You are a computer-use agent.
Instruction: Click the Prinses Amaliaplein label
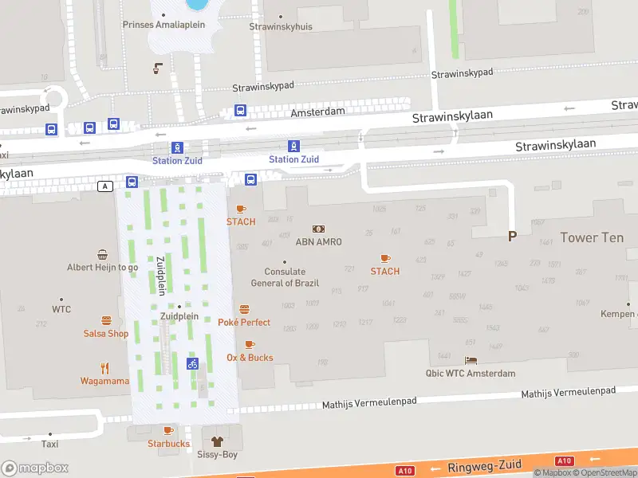tap(163, 25)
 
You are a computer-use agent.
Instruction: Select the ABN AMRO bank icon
tap(318, 229)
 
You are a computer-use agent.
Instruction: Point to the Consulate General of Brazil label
tap(285, 277)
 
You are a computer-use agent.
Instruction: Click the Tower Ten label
tap(592, 237)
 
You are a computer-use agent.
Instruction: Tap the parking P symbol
tap(512, 236)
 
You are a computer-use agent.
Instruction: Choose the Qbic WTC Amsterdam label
tap(471, 373)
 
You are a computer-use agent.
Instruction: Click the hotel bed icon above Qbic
tap(471, 361)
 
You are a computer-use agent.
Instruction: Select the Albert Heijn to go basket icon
tap(103, 255)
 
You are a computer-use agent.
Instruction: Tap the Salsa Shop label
tap(106, 334)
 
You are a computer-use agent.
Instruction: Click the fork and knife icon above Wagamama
tap(104, 368)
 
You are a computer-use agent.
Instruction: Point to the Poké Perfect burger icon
tap(244, 309)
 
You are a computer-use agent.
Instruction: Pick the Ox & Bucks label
tap(250, 358)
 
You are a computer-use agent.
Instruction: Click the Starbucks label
tap(168, 444)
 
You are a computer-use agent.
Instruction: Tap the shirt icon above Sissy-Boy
tap(216, 441)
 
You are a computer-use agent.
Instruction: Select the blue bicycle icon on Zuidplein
tap(192, 363)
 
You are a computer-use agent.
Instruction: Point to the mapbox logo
tap(35, 468)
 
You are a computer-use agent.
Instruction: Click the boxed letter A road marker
tap(105, 186)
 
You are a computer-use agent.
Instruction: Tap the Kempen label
tap(619, 314)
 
